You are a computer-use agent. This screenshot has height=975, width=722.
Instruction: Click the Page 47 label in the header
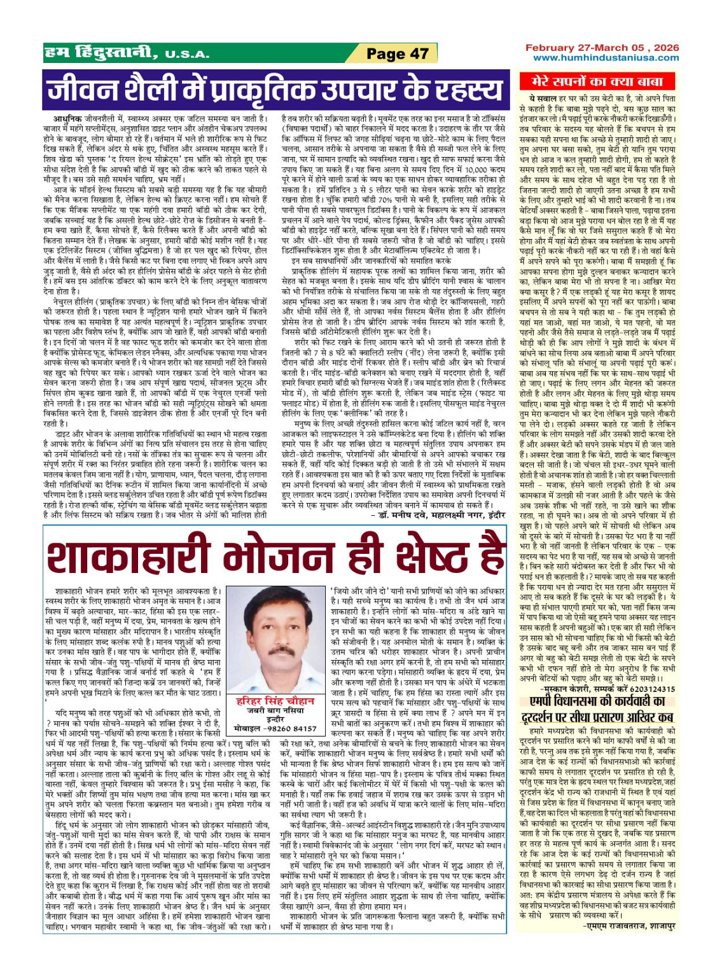point(398,54)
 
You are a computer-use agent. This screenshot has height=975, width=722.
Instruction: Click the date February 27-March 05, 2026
point(601,48)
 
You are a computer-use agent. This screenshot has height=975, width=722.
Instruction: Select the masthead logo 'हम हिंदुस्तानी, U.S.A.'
point(127,53)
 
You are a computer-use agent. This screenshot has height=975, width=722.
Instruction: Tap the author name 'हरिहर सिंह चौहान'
point(275,700)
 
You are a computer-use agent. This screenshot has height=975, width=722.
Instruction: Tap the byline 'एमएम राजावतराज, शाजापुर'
point(630,925)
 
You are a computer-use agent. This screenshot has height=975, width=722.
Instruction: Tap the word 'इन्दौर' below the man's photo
point(275,719)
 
